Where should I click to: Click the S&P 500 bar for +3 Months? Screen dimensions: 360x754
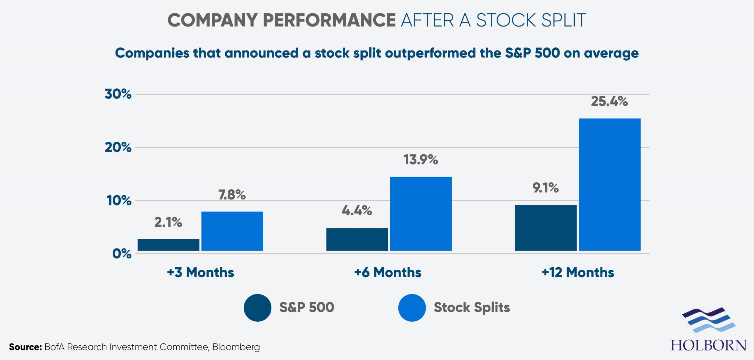point(168,245)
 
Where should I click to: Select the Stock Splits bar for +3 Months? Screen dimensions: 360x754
point(232,231)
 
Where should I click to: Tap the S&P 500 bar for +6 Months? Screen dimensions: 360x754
point(357,239)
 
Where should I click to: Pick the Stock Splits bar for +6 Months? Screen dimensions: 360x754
point(421,213)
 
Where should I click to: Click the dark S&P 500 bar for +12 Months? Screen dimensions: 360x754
point(546,228)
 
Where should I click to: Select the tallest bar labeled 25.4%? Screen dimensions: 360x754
point(610,184)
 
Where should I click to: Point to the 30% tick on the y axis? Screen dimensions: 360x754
point(118,94)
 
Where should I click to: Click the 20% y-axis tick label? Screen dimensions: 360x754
point(118,147)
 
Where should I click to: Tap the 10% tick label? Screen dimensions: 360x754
point(119,201)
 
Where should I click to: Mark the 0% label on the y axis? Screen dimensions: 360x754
point(122,254)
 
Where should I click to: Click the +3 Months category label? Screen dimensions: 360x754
point(200,273)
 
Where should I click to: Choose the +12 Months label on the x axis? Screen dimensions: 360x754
point(578,273)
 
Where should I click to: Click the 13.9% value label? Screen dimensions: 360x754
point(420,160)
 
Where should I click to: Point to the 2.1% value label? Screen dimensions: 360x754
point(168,222)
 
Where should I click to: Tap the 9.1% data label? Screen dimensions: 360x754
point(545,188)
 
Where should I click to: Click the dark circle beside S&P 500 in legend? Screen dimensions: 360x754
point(257,308)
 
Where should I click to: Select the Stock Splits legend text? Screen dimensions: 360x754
point(472,307)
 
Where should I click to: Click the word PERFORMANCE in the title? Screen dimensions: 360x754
point(329,20)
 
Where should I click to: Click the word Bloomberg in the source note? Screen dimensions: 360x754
point(236,347)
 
